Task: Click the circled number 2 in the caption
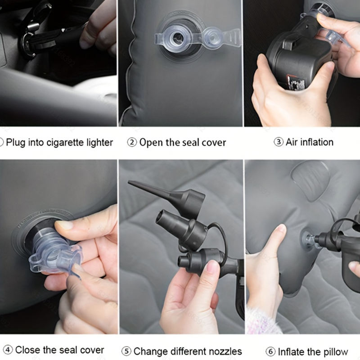[132, 142]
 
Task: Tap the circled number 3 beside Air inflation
[279, 142]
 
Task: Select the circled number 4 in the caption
[8, 350]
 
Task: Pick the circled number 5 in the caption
[126, 351]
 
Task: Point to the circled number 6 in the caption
[270, 351]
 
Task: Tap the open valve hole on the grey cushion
[177, 37]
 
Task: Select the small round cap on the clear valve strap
[213, 37]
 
